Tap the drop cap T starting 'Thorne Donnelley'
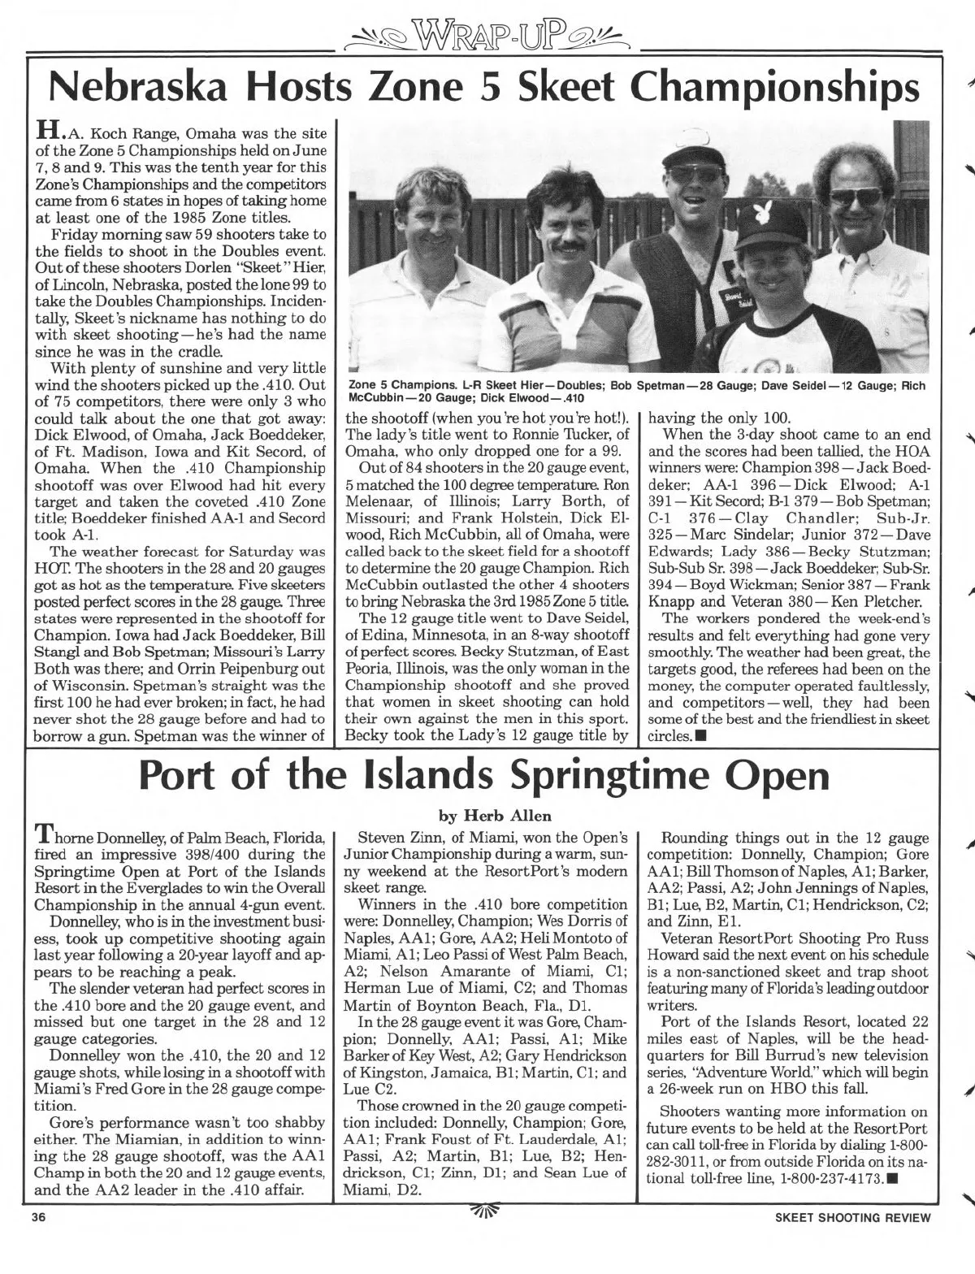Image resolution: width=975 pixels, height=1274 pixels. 41,836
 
